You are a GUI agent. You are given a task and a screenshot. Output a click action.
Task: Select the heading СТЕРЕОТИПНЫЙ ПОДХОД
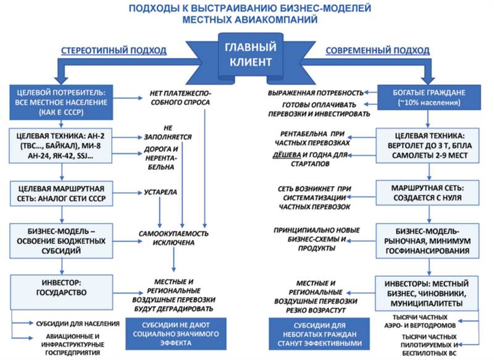tap(113, 50)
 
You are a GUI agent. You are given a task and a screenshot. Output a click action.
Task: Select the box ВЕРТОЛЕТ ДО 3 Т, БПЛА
tap(426, 146)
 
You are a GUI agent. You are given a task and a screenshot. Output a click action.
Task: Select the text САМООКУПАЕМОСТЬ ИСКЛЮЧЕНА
tap(176, 238)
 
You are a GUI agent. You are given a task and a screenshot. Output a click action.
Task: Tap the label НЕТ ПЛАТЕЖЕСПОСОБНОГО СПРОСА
tap(180, 98)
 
